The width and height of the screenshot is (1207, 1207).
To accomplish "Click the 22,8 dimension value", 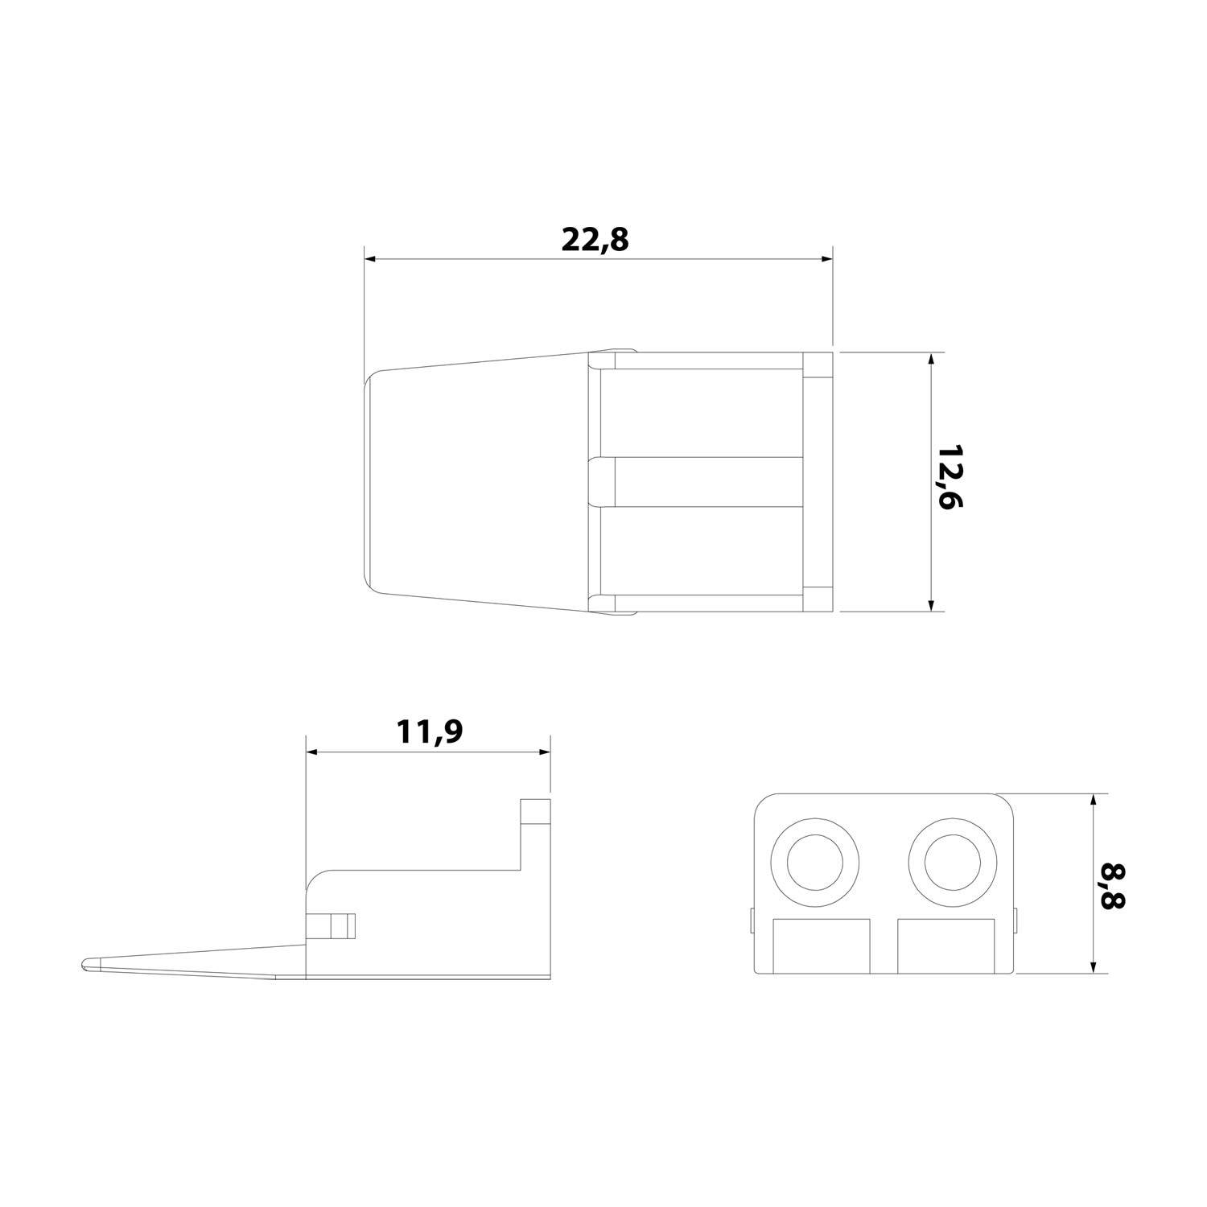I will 595,240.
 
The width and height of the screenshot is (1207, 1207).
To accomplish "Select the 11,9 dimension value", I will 430,732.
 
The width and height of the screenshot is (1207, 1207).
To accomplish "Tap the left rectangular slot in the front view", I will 822,946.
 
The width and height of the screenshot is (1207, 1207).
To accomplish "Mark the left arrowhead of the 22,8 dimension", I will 370,259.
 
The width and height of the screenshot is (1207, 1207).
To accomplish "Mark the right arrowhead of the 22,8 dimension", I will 826,259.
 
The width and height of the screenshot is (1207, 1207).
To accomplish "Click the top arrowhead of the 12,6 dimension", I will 931,358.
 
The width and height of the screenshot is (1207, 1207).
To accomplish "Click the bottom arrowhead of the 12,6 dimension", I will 931,605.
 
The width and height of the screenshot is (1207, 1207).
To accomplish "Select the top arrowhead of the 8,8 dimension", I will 1092,800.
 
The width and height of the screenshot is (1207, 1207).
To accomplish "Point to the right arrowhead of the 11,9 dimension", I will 545,752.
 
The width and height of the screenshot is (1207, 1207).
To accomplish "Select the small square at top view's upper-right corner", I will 818,365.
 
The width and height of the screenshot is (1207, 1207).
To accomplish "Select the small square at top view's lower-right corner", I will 818,599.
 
